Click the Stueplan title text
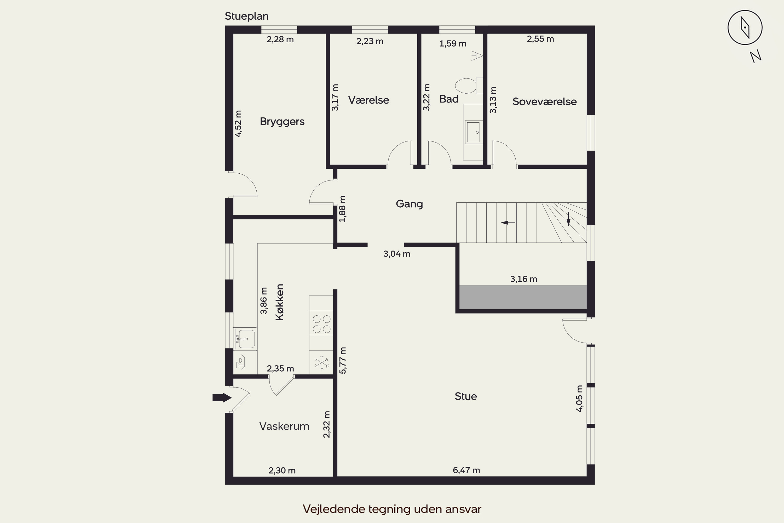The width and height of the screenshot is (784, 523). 247,16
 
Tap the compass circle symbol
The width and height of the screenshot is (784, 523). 745,27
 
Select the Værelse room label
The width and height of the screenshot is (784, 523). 369,100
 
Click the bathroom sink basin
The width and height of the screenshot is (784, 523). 474,132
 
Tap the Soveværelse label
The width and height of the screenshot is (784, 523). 545,102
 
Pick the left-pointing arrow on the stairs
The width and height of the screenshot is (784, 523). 508,223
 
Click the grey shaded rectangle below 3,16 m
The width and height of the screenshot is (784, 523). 523,297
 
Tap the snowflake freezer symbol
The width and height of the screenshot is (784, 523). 322,362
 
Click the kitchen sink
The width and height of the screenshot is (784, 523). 246,339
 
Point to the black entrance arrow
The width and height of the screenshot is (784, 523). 222,397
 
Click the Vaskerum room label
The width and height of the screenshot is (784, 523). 284,426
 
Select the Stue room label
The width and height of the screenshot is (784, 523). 466,396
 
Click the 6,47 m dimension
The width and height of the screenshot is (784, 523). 466,470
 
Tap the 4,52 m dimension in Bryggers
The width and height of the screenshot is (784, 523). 238,124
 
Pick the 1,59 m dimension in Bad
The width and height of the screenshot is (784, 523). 453,44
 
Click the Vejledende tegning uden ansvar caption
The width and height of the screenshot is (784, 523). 392,509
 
